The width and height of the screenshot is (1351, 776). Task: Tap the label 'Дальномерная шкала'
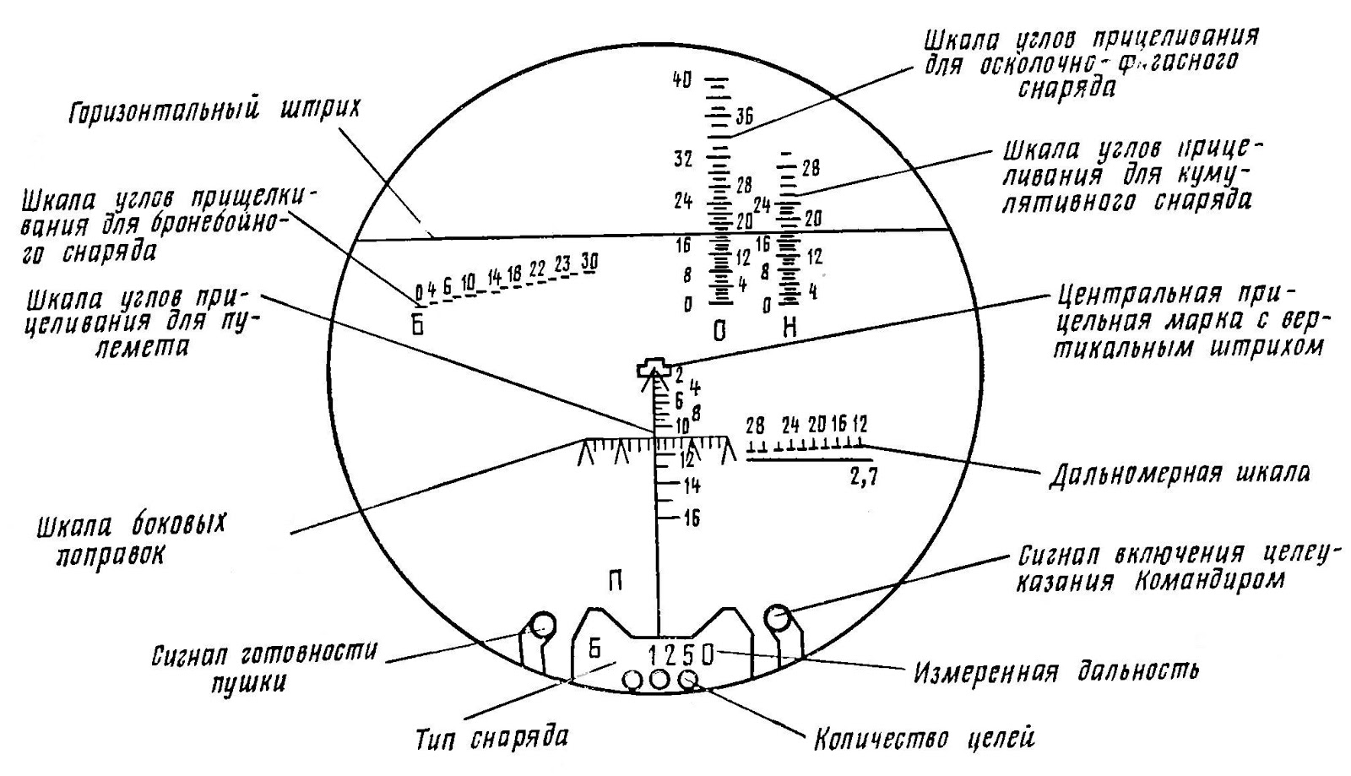(x=1179, y=474)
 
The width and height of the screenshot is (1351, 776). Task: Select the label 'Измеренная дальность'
(x=1056, y=673)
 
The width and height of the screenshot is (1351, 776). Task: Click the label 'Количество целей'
(x=923, y=740)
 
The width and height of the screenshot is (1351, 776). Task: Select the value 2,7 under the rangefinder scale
(x=863, y=477)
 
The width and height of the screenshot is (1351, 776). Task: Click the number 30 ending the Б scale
(x=589, y=263)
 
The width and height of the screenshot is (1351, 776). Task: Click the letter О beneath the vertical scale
(x=719, y=330)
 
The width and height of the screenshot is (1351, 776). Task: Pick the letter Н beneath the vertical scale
(x=789, y=328)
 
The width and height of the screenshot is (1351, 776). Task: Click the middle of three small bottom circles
(x=659, y=679)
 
